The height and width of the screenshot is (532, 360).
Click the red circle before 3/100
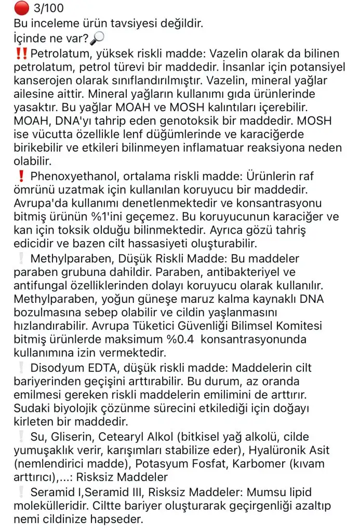click(21, 8)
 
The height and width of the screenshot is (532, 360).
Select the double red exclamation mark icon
click(22, 53)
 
